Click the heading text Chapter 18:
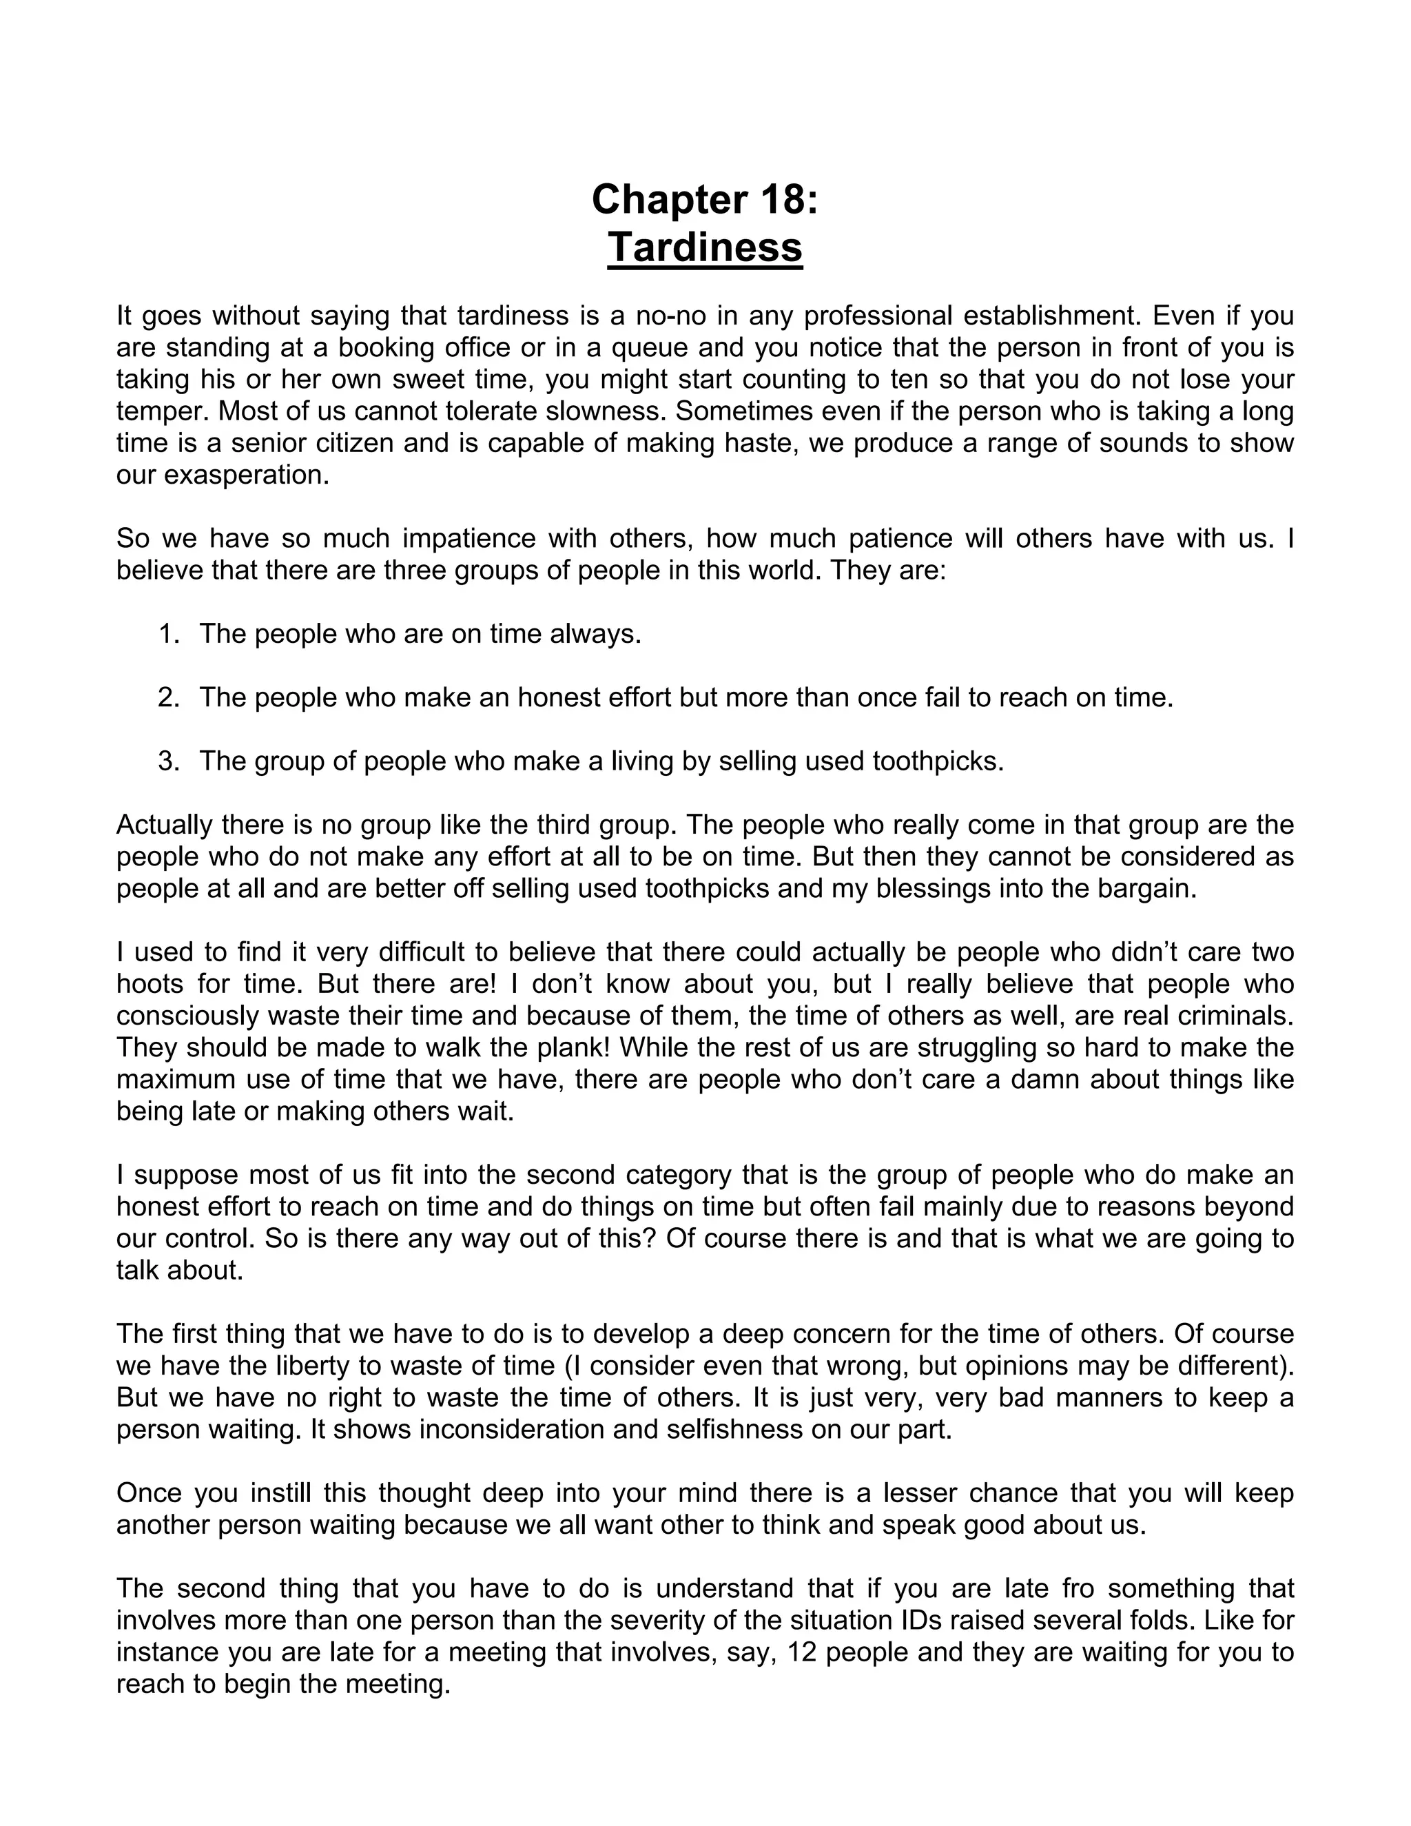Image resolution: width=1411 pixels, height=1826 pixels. coord(705,200)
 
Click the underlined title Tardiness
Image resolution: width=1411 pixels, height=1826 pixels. coord(705,247)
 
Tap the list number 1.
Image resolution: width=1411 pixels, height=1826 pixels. coord(168,634)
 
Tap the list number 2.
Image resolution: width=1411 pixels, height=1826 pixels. coord(168,697)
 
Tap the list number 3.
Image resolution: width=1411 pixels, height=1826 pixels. coord(168,761)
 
